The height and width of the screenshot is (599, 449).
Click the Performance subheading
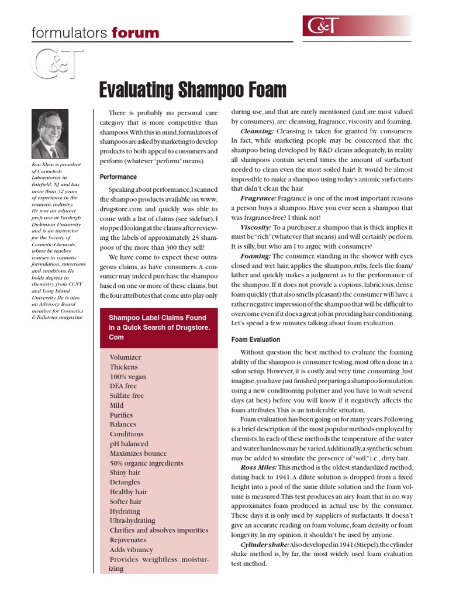pyautogui.click(x=118, y=177)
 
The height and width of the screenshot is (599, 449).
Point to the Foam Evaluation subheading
pyautogui.click(x=255, y=339)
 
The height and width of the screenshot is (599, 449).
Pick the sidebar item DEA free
pyautogui.click(x=123, y=386)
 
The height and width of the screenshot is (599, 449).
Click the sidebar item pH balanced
pyautogui.click(x=129, y=443)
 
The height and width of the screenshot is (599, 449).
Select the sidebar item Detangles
pyautogui.click(x=125, y=482)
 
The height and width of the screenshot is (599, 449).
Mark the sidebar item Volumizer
pyautogui.click(x=125, y=357)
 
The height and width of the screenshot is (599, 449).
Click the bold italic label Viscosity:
pyautogui.click(x=255, y=227)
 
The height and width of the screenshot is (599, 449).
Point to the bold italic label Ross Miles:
pyautogui.click(x=258, y=467)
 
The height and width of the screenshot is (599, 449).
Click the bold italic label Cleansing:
pyautogui.click(x=257, y=131)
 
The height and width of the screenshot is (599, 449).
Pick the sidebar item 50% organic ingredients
pyautogui.click(x=146, y=463)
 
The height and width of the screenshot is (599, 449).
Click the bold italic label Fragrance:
pyautogui.click(x=258, y=199)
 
